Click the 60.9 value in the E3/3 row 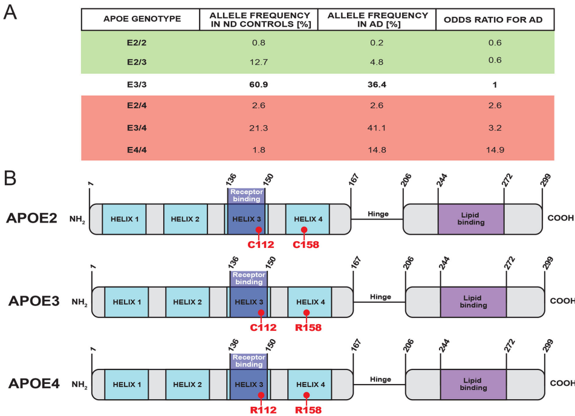click(258, 85)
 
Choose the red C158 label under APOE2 click(305, 245)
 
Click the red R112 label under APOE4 click(261, 410)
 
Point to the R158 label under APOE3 click(308, 328)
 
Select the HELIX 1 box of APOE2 click(124, 219)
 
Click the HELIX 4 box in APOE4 click(309, 384)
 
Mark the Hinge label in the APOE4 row click(381, 379)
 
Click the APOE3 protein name click(34, 301)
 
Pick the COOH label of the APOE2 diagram click(560, 218)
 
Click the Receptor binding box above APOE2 click(246, 195)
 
